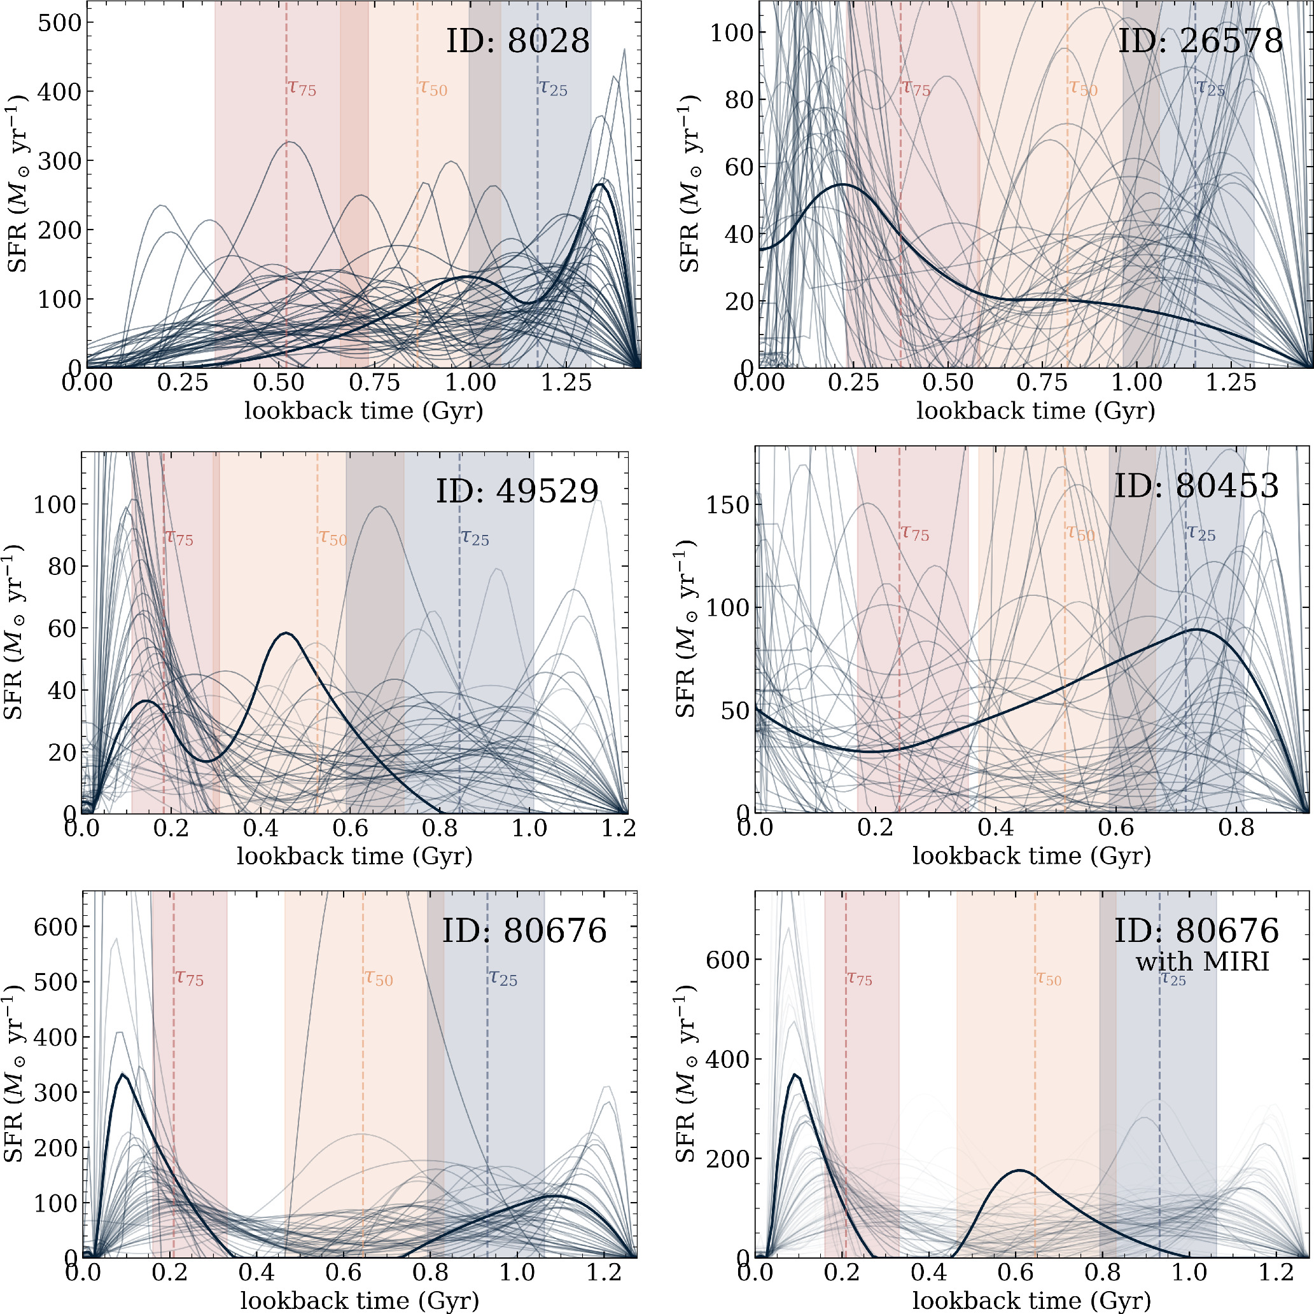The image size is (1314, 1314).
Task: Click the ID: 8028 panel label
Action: click(x=517, y=41)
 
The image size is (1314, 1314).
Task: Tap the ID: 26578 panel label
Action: click(x=1200, y=41)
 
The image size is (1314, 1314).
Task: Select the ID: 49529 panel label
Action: click(x=517, y=490)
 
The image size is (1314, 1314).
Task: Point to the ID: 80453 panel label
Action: click(x=1196, y=486)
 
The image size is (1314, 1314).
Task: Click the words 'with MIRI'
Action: click(x=1203, y=962)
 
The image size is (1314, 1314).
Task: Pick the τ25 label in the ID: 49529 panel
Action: click(x=475, y=537)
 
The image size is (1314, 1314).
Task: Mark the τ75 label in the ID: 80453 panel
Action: click(x=915, y=533)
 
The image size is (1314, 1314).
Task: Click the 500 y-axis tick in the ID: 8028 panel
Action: click(x=59, y=22)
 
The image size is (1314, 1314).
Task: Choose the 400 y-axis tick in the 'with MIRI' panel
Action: click(x=727, y=1059)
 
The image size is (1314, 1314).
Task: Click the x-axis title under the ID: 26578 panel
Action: click(x=1036, y=411)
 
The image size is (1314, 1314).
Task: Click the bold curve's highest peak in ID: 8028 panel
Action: click(x=599, y=184)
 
